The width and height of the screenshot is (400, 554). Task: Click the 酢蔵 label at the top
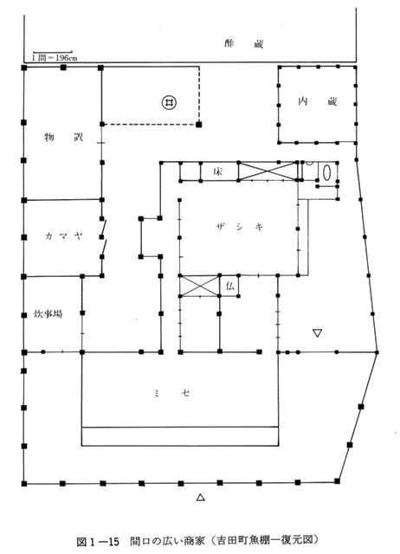pos(244,44)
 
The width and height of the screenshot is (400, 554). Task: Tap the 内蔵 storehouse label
pos(317,102)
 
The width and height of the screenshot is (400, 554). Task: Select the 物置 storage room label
pos(63,137)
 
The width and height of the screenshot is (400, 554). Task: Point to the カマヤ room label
pos(63,235)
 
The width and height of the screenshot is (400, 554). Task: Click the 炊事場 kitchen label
pos(48,313)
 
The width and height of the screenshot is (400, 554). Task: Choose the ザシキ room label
pos(239,227)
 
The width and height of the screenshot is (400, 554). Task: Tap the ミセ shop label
pos(171,393)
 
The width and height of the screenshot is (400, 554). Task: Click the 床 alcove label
pos(217,171)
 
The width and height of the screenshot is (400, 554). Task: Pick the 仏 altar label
pos(229,286)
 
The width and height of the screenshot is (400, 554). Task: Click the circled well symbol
pos(169,102)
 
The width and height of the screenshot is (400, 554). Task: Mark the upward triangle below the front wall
pos(201,498)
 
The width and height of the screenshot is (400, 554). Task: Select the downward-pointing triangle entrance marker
pos(317,333)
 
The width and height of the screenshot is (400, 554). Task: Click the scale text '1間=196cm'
pos(55,58)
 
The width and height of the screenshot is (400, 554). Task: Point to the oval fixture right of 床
pos(327,171)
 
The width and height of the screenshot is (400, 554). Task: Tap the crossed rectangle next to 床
pos(268,171)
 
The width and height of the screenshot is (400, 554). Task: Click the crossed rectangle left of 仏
pos(199,286)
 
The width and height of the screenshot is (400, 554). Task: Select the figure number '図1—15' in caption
pos(98,540)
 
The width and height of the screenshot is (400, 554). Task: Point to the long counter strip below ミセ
pos(180,436)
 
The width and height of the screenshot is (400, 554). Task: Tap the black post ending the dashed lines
pos(199,125)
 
